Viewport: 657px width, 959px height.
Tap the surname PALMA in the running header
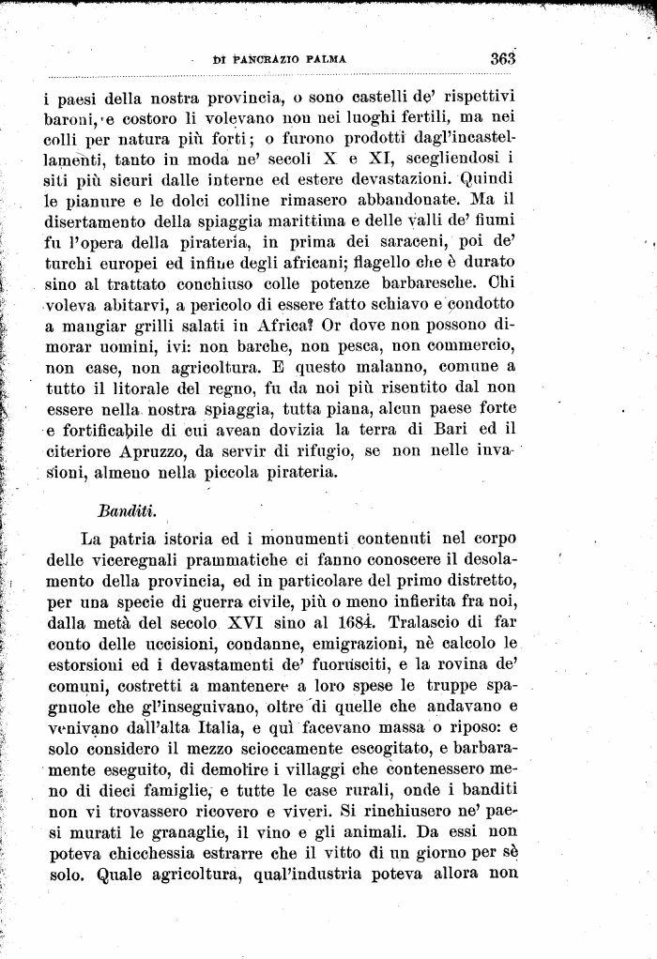(325, 59)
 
